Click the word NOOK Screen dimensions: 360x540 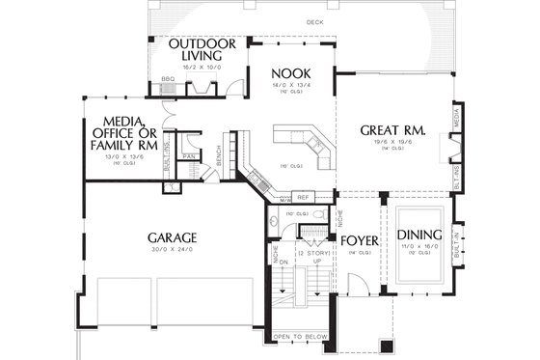pyautogui.click(x=289, y=73)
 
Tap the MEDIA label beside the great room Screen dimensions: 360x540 pyautogui.click(x=455, y=116)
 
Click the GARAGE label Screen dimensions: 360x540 pyautogui.click(x=173, y=236)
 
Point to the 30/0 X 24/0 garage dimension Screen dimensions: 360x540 pyautogui.click(x=173, y=250)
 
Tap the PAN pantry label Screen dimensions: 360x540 pyautogui.click(x=190, y=154)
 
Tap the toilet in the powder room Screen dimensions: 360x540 pyautogui.click(x=277, y=220)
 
